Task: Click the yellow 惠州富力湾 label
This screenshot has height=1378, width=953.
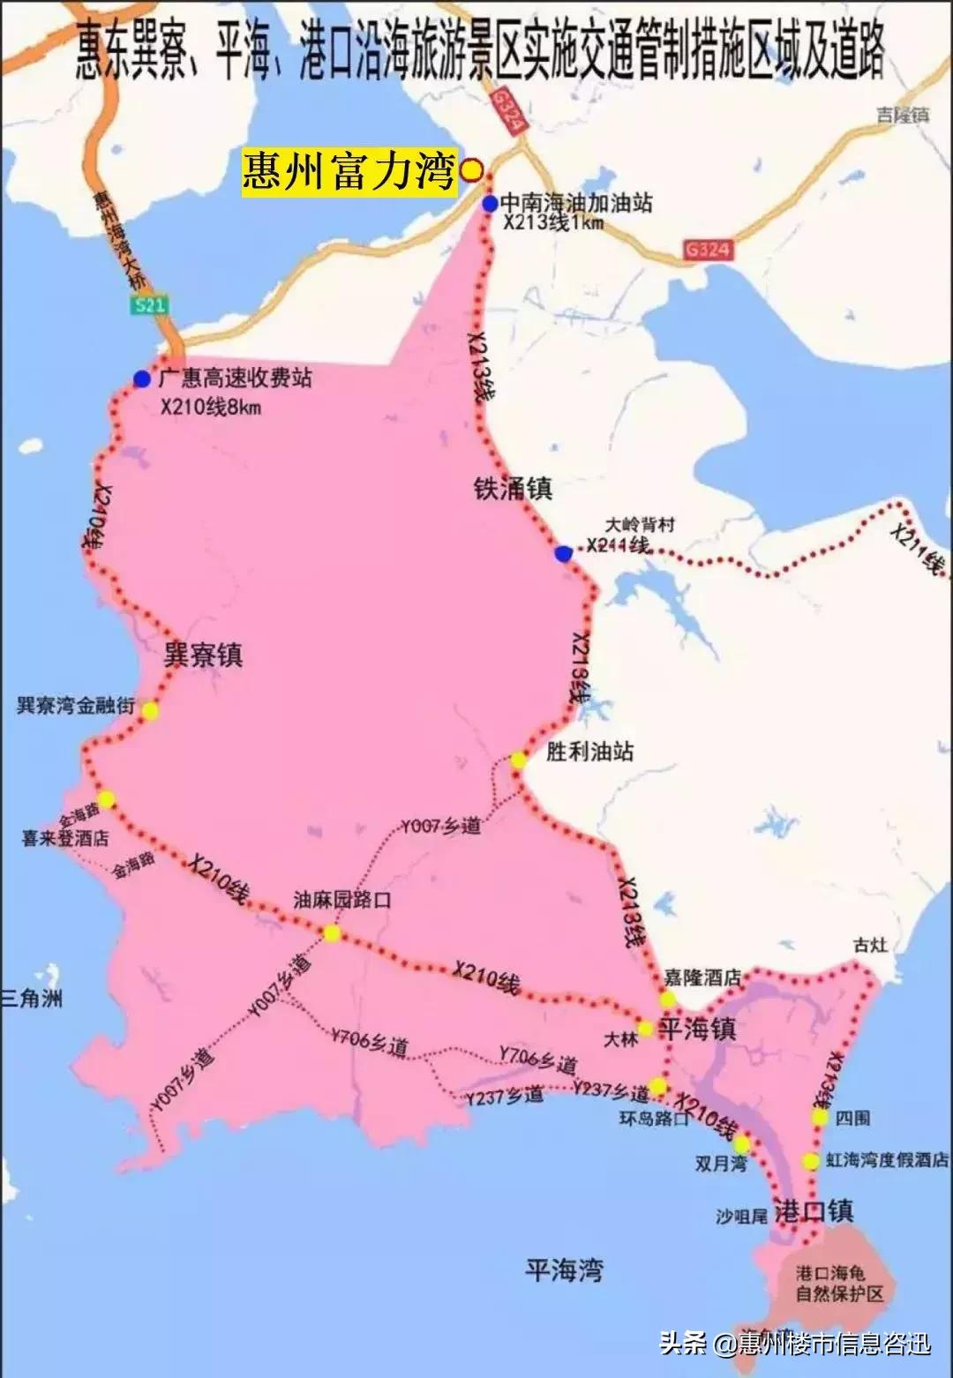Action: pyautogui.click(x=349, y=170)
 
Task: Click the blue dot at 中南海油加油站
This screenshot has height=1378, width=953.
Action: pyautogui.click(x=490, y=204)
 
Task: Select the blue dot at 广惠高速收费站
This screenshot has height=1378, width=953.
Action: pyautogui.click(x=142, y=378)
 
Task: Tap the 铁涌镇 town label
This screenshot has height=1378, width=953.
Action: pyautogui.click(x=513, y=488)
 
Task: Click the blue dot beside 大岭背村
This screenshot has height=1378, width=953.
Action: pyautogui.click(x=563, y=553)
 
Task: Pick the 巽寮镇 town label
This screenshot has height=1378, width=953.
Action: pyautogui.click(x=203, y=655)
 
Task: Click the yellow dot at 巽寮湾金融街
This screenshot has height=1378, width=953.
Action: pyautogui.click(x=150, y=711)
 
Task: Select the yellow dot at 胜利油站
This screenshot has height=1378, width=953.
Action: pyautogui.click(x=518, y=760)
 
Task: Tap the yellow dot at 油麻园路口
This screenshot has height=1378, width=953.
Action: pyautogui.click(x=332, y=933)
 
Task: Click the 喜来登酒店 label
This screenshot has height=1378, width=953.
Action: pyautogui.click(x=65, y=837)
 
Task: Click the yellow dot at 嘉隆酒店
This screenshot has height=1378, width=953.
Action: pyautogui.click(x=667, y=999)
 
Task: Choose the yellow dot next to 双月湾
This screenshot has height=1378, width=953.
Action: pyautogui.click(x=740, y=1144)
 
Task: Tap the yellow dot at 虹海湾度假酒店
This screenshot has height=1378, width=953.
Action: pyautogui.click(x=810, y=1161)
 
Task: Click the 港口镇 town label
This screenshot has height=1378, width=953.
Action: pyautogui.click(x=813, y=1210)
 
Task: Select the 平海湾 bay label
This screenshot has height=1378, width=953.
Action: pyautogui.click(x=564, y=1269)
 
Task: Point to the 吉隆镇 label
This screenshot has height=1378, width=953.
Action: pyautogui.click(x=903, y=115)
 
